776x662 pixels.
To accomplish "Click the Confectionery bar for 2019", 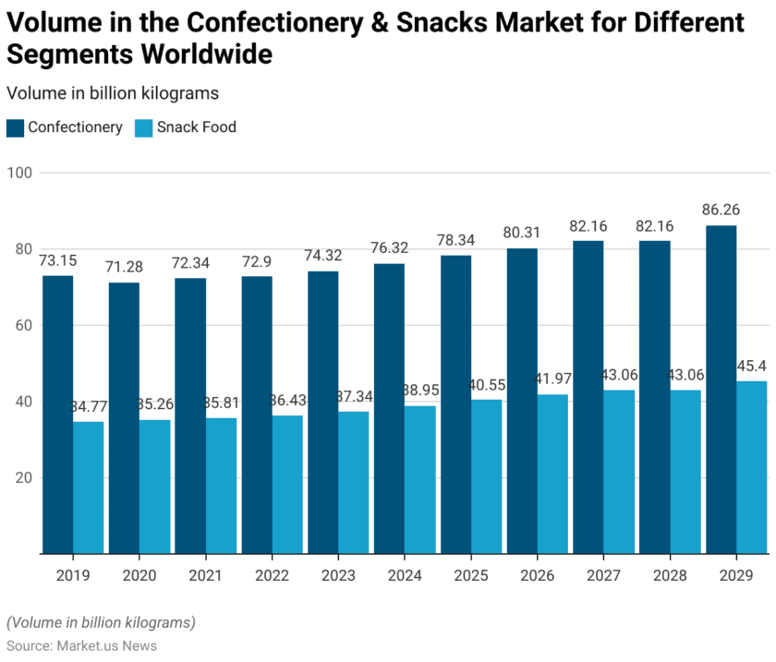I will [x=57, y=415].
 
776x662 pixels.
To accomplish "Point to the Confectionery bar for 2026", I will [x=522, y=401].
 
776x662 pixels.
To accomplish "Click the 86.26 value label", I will [x=721, y=210].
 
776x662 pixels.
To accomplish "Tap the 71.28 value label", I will [x=124, y=267].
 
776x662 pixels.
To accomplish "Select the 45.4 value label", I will [x=752, y=366].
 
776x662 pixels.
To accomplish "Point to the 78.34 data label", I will [x=455, y=239].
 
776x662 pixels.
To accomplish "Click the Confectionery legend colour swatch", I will [x=15, y=127].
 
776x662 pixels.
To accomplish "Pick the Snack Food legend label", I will [x=196, y=127].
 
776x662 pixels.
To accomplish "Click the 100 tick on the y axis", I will [x=20, y=173].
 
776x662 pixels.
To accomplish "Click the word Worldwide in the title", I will [x=206, y=54].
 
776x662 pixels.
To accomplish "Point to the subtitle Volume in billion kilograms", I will [x=112, y=93].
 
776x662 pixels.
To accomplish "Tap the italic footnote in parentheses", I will [x=101, y=622].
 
